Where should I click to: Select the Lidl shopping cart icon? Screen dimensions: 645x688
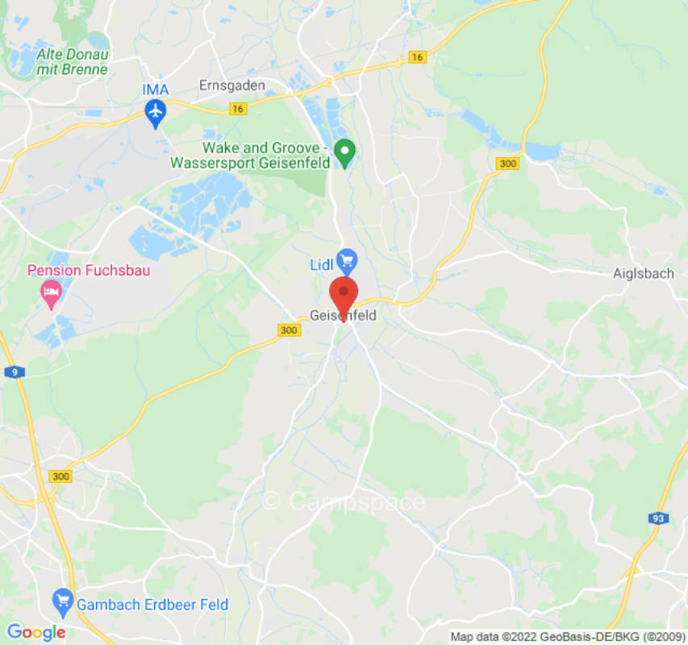tap(347, 260)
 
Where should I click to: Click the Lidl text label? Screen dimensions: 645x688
tap(322, 265)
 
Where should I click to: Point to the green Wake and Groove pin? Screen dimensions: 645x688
tap(345, 152)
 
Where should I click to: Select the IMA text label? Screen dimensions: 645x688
tap(155, 89)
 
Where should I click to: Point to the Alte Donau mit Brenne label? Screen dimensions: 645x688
tap(72, 62)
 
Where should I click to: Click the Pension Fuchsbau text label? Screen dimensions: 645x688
tap(89, 270)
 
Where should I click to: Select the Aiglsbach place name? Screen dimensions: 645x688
tap(643, 273)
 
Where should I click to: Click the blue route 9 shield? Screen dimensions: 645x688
tap(19, 372)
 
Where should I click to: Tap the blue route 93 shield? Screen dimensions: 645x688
tap(657, 518)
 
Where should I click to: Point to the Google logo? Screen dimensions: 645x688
tap(36, 632)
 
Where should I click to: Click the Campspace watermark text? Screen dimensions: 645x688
tap(344, 501)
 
